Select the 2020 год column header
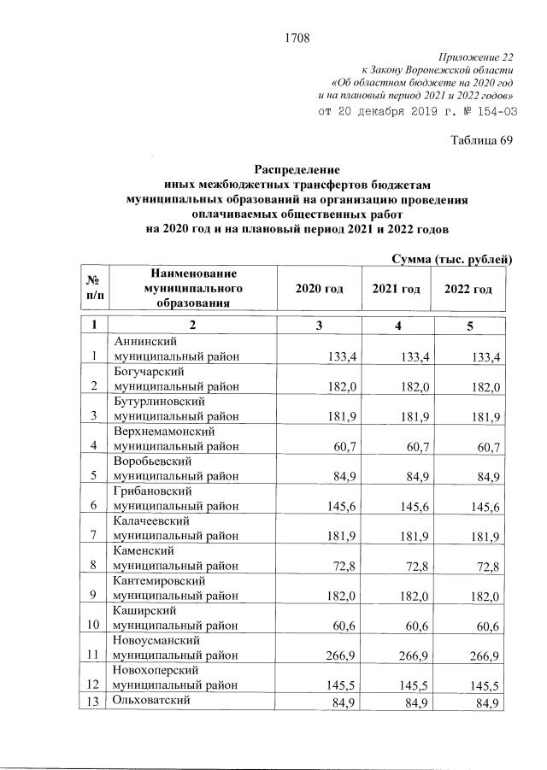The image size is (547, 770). [x=319, y=290]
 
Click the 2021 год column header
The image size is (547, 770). [x=396, y=290]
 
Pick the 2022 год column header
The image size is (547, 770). [x=468, y=290]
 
